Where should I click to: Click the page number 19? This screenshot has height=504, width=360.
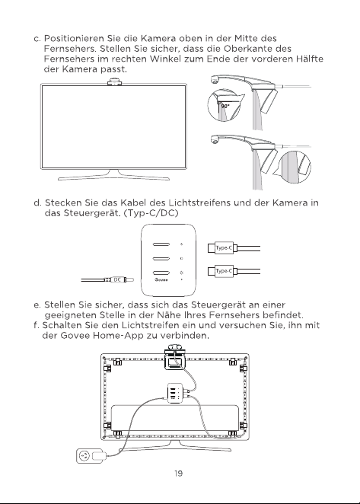click(178, 473)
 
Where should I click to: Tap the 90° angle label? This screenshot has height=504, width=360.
click(225, 106)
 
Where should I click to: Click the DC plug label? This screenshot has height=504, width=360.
click(118, 280)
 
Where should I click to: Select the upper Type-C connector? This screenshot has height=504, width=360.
click(223, 248)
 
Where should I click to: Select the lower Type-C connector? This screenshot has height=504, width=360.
click(223, 271)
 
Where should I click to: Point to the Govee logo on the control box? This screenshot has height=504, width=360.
click(161, 279)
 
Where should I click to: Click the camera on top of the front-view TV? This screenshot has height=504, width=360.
click(114, 81)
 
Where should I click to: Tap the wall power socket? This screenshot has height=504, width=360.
click(84, 456)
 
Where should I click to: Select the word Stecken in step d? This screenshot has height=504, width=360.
click(63, 203)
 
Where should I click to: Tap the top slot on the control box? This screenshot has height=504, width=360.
click(161, 244)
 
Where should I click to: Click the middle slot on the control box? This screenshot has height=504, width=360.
click(161, 258)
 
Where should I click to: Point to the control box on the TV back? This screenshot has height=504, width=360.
click(176, 393)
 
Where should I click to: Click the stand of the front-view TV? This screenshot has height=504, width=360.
click(114, 175)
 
